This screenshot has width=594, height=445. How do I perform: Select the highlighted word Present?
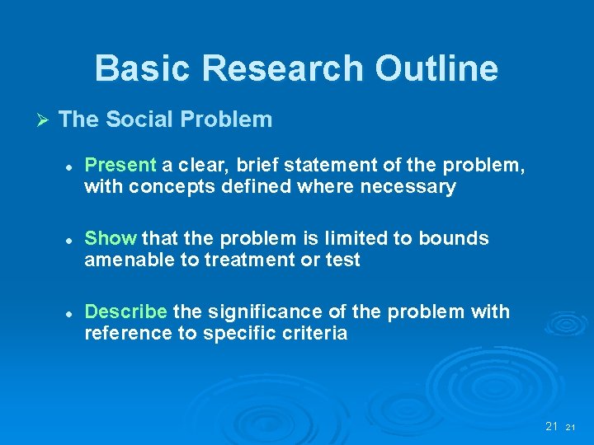(x=120, y=166)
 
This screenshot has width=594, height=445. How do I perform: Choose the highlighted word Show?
(x=111, y=239)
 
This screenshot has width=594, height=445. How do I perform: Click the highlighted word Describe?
(x=126, y=312)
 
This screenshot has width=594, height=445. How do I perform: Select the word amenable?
(x=124, y=260)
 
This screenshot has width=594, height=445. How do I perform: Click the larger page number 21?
(x=552, y=426)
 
